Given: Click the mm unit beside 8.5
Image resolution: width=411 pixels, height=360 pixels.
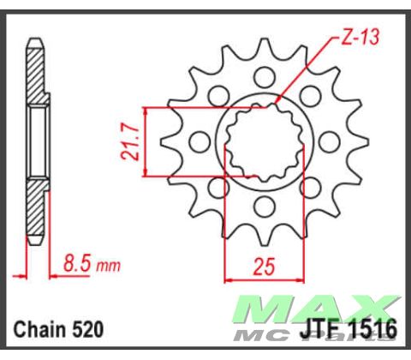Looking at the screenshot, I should tap(108, 267).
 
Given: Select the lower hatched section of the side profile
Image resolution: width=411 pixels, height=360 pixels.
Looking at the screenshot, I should tap(34, 210).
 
